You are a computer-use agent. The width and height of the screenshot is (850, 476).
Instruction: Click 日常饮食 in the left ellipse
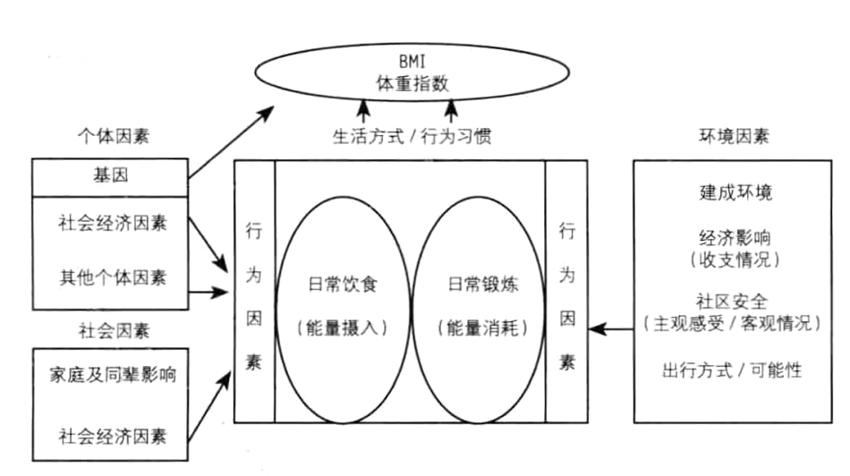click(x=341, y=285)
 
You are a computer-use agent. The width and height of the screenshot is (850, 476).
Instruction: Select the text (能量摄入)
click(x=341, y=327)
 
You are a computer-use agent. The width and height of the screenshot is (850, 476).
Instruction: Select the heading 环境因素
click(x=735, y=137)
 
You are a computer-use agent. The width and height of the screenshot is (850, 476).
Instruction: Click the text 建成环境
click(x=736, y=192)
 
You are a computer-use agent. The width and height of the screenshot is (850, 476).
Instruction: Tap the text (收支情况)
click(x=736, y=260)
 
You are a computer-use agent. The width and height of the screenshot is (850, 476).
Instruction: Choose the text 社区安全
click(x=736, y=300)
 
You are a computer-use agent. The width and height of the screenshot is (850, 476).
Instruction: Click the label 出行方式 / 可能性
click(x=736, y=369)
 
